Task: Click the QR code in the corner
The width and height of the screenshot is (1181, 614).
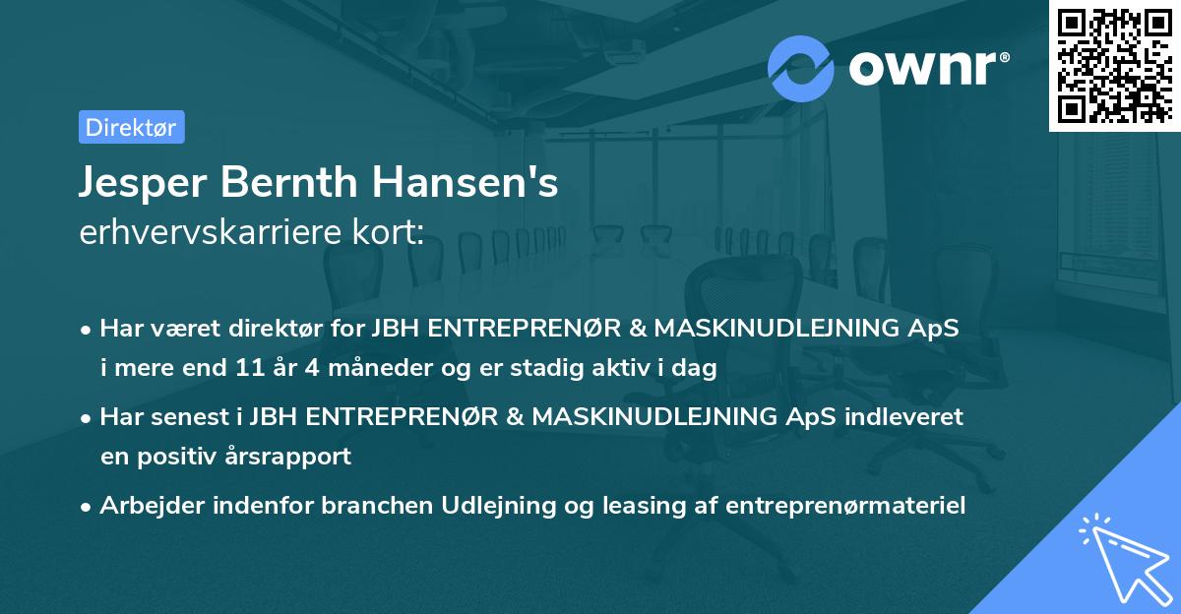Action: coord(1114,66)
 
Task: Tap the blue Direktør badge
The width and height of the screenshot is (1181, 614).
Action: coord(131,127)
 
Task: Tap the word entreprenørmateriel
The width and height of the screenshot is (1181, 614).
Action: coord(845,506)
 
